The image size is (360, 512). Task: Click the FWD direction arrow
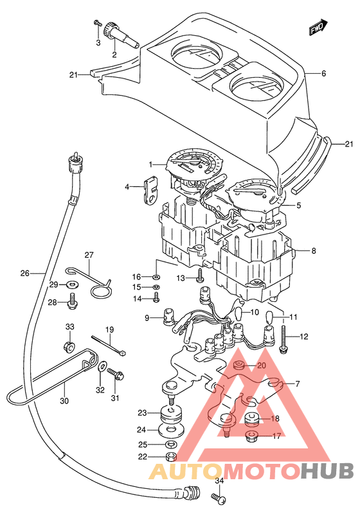pyautogui.click(x=318, y=28)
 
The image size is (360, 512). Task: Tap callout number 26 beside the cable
pyautogui.click(x=24, y=273)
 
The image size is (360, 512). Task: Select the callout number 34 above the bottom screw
pyautogui.click(x=219, y=481)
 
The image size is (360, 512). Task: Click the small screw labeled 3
pyautogui.click(x=97, y=24)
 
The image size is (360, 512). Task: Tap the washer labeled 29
pyautogui.click(x=69, y=284)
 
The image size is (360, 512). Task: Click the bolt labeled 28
pyautogui.click(x=73, y=299)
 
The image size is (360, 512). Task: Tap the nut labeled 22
pyautogui.click(x=170, y=457)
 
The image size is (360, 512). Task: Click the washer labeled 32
pyautogui.click(x=102, y=367)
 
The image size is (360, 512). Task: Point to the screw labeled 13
pyautogui.click(x=200, y=276)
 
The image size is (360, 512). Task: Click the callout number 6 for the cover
pyautogui.click(x=305, y=74)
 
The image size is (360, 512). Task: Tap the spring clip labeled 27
pyautogui.click(x=100, y=283)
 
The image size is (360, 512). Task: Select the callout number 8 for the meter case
pyautogui.click(x=313, y=252)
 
